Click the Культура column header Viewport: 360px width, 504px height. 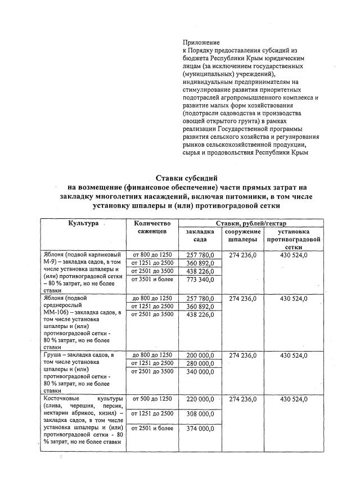84,223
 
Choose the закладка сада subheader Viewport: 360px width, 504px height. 200,236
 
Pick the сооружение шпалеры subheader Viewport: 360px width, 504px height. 242,236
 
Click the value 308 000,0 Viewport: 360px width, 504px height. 200,414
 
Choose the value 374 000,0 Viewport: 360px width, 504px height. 200,429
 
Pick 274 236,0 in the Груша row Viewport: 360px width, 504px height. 243,355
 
